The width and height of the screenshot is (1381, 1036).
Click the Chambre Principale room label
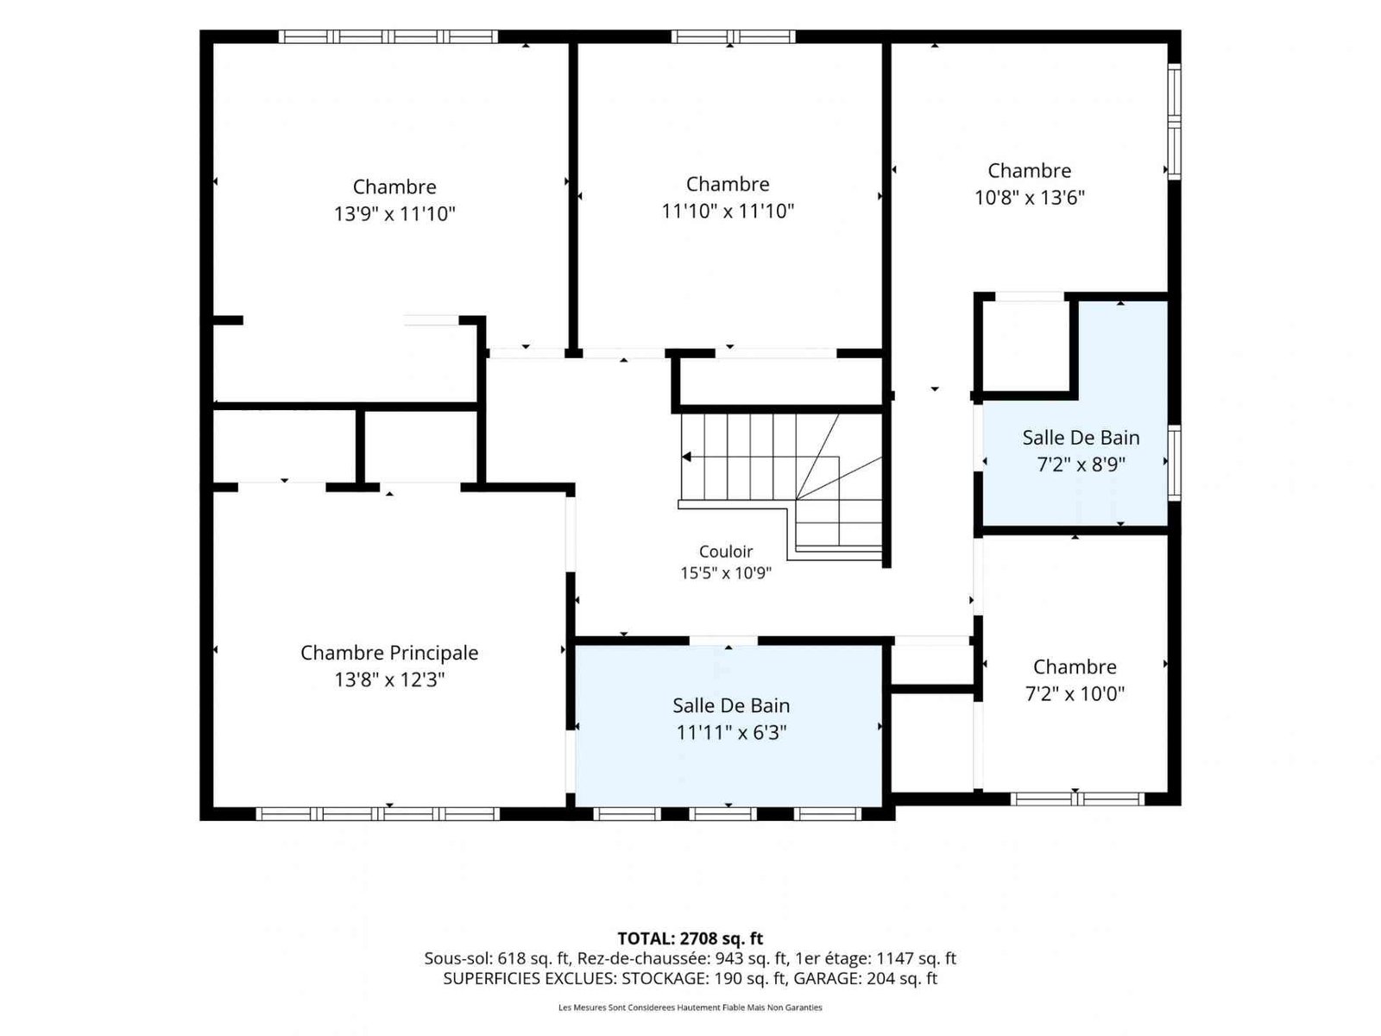(388, 653)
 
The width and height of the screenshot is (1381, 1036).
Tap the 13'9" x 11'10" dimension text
(394, 214)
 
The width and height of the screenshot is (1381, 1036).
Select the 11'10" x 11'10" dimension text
(728, 211)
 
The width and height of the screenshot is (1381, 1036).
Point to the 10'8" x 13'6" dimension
(1030, 198)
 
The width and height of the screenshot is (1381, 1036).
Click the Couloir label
(725, 552)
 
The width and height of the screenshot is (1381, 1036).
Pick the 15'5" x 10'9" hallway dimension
(725, 573)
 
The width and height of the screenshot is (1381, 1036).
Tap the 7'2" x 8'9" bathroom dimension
(1081, 464)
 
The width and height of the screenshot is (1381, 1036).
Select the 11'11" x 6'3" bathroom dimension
(731, 732)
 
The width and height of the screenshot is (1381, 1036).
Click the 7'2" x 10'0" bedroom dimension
(1075, 693)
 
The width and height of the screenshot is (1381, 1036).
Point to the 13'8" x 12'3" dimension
(389, 679)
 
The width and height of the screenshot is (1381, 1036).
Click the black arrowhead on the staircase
(686, 457)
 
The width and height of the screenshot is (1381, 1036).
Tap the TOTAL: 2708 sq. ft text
(690, 938)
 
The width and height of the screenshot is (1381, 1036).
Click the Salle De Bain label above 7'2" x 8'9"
(1081, 437)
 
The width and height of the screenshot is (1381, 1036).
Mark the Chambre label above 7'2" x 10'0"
(1075, 666)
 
